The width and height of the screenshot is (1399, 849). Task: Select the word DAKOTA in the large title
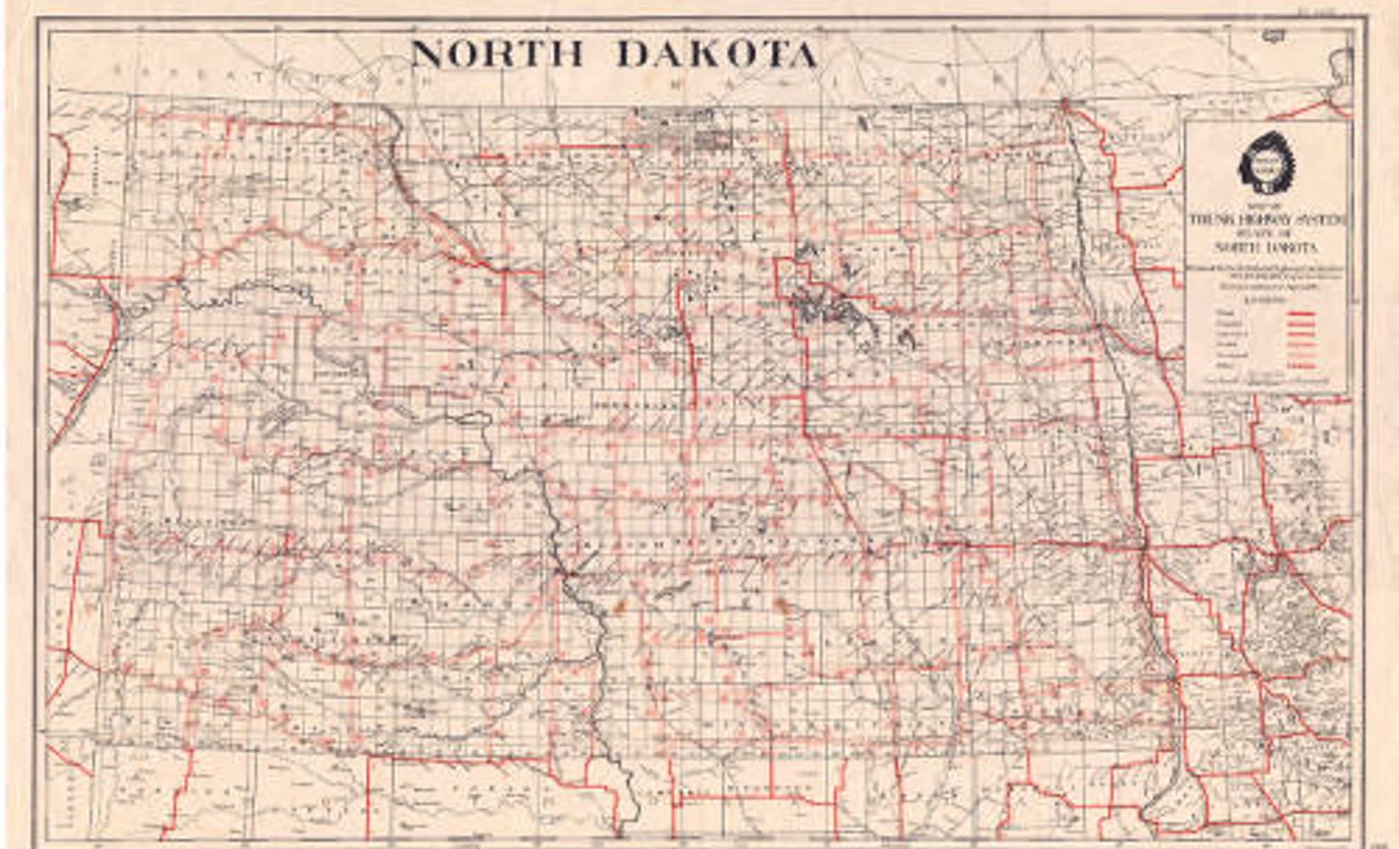click(x=717, y=54)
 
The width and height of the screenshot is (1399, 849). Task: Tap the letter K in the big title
click(x=713, y=54)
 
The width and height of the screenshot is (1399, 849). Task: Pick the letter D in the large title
click(x=632, y=54)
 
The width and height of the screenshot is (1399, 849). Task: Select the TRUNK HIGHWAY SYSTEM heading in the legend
click(x=1268, y=220)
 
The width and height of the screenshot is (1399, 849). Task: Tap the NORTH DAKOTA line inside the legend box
click(x=1266, y=247)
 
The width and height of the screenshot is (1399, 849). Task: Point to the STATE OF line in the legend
click(x=1266, y=234)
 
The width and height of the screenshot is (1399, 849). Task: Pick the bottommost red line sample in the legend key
click(x=1301, y=365)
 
